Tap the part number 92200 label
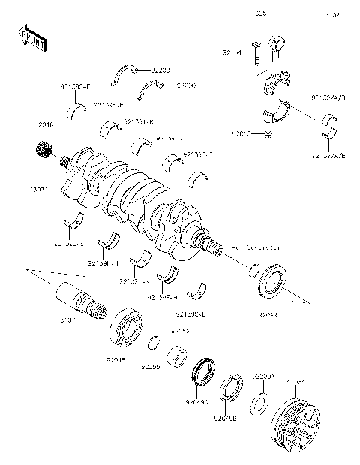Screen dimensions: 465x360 [x=160, y=70]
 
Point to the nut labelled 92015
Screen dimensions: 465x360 [x=268, y=134]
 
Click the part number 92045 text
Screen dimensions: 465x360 [x=115, y=359]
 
